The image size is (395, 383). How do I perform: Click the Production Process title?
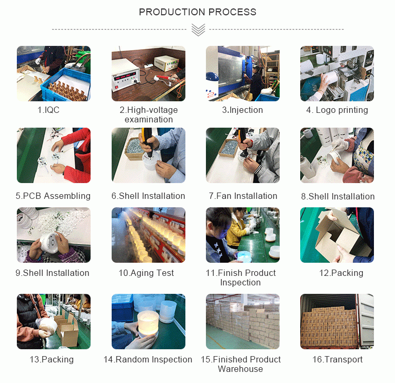click(197, 12)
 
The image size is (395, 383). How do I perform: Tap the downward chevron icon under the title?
click(198, 30)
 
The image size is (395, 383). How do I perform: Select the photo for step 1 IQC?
click(54, 73)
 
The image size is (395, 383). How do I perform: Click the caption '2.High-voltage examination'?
click(149, 114)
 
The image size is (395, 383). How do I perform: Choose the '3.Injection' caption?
click(242, 110)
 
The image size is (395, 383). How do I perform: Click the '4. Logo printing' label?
click(337, 110)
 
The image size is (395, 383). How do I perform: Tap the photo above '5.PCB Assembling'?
click(54, 155)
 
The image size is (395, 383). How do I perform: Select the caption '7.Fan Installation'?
click(243, 196)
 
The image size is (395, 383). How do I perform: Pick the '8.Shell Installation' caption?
click(338, 196)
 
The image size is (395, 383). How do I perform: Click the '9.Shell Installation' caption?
click(52, 273)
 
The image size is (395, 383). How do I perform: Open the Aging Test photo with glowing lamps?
click(149, 235)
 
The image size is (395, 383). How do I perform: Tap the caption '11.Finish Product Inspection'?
click(241, 277)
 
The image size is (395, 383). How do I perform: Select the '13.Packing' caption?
click(52, 360)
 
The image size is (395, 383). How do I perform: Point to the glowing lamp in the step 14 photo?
click(148, 323)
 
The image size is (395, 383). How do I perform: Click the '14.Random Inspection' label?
click(148, 360)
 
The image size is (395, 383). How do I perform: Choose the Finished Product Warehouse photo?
click(243, 321)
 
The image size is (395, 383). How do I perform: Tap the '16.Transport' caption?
click(337, 360)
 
